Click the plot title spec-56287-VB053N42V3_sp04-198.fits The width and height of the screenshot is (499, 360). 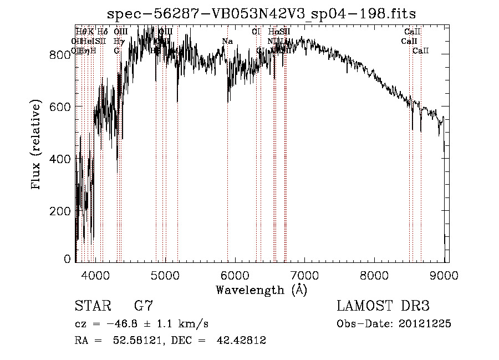(x=261, y=13)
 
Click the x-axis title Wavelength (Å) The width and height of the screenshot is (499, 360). (x=261, y=290)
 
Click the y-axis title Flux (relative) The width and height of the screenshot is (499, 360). (x=37, y=145)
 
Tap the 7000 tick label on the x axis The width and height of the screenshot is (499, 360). (x=305, y=274)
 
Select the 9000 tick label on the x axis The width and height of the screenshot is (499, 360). (x=445, y=274)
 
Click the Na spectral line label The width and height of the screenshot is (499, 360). (x=227, y=42)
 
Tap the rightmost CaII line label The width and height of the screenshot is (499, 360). (x=421, y=51)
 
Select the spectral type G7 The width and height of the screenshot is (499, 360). (x=144, y=306)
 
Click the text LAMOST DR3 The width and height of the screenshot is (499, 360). (x=383, y=306)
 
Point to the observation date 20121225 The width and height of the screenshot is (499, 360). (x=425, y=324)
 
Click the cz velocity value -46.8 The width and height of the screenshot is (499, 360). (x=125, y=324)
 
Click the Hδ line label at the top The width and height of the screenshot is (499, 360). (x=103, y=32)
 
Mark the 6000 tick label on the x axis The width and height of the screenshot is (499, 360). (x=235, y=274)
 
